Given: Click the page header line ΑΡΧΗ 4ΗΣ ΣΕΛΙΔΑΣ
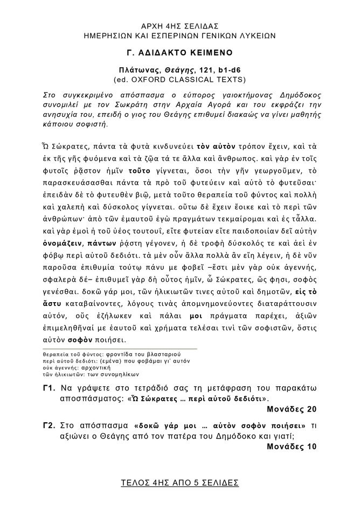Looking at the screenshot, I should pyautogui.click(x=180, y=26).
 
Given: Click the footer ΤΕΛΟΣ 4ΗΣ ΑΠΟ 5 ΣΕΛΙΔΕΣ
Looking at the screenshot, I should pyautogui.click(x=180, y=483).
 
